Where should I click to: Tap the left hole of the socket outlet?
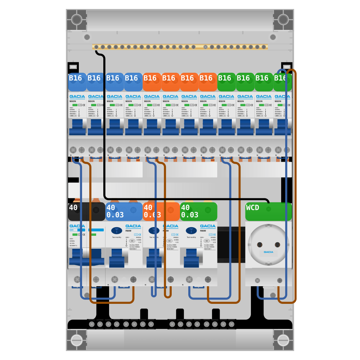(x=260, y=245)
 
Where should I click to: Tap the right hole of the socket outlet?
(x=277, y=245)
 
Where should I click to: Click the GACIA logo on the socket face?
(x=268, y=252)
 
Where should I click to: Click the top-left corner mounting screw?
(x=76, y=19)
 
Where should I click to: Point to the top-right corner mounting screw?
(x=283, y=19)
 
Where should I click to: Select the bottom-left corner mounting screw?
(x=76, y=340)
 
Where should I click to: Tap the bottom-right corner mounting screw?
(x=283, y=340)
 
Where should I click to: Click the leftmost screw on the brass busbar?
(x=96, y=47)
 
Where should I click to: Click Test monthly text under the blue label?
(x=117, y=237)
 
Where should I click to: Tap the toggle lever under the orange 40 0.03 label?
(x=154, y=258)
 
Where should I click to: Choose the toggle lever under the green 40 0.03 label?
(x=191, y=258)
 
